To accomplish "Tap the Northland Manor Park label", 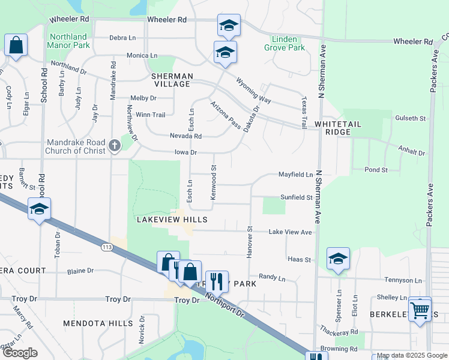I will (x=70, y=41).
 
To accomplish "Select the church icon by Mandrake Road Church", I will (x=115, y=145).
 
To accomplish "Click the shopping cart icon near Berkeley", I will (x=420, y=310).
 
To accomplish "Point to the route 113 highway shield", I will (x=107, y=247).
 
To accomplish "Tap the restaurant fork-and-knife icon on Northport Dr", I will (x=217, y=281).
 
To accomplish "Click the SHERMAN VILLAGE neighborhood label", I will (x=172, y=80).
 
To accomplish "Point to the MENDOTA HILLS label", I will (x=98, y=323).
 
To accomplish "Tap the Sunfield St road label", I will (x=297, y=197).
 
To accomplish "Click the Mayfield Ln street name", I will (x=295, y=175).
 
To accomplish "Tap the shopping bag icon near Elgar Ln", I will (x=15, y=45).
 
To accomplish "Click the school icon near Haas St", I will (x=338, y=259).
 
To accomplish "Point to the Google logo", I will (x=19, y=353).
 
